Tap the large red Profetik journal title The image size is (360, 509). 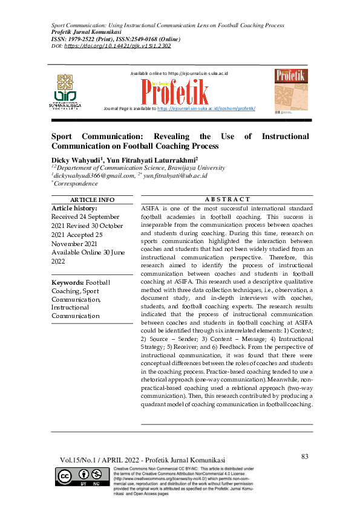coord(176,91)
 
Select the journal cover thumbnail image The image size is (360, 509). coord(290,91)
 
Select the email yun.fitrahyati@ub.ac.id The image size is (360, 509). coord(176,175)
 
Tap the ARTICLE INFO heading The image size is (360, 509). coord(92,199)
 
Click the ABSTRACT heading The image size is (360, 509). coord(227,199)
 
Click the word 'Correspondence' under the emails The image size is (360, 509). coord(76,183)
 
